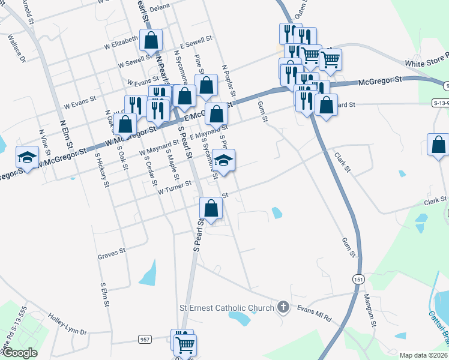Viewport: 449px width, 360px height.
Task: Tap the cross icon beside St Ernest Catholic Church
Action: pyautogui.click(x=285, y=308)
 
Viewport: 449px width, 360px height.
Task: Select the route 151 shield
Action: pyautogui.click(x=358, y=280)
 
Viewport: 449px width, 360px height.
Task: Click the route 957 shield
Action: pyautogui.click(x=145, y=340)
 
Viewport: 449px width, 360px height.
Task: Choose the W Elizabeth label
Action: pyautogui.click(x=121, y=44)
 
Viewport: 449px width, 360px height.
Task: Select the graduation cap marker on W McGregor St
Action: pyautogui.click(x=27, y=158)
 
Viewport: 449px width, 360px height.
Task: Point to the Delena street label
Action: pyautogui.click(x=160, y=7)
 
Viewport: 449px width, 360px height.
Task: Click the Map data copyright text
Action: pyautogui.click(x=423, y=355)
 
